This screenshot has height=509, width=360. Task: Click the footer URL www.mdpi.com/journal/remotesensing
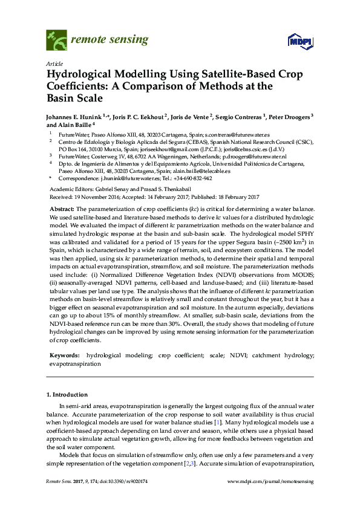270,481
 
